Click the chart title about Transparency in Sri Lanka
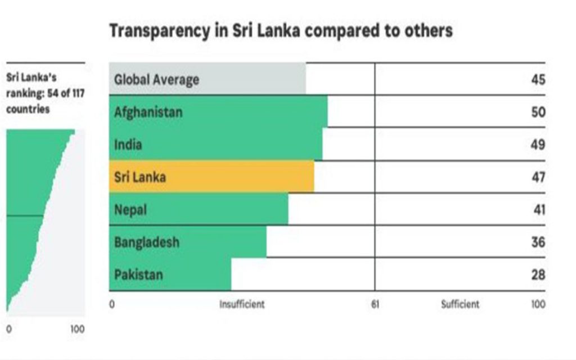point(281,30)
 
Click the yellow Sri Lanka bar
point(211,177)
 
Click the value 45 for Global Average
point(538,79)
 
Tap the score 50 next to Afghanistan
point(538,112)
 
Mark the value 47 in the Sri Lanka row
point(538,177)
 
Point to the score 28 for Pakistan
point(538,274)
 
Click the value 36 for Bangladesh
point(538,242)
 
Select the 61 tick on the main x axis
point(375,304)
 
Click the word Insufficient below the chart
point(242,304)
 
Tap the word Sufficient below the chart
point(460,304)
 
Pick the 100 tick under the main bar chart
point(538,304)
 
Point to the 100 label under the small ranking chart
point(78,330)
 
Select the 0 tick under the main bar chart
point(112,304)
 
